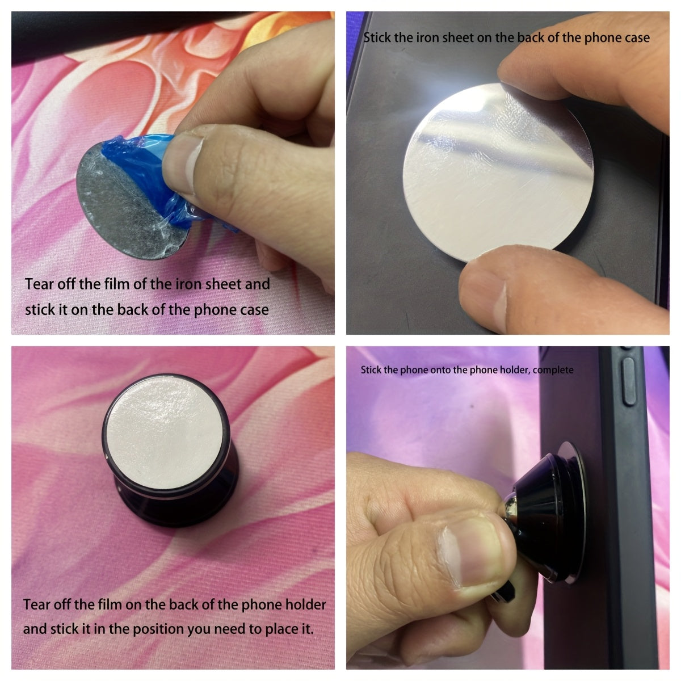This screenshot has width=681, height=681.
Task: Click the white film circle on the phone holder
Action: (x=165, y=436)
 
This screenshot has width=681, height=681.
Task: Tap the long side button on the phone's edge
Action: (x=629, y=381)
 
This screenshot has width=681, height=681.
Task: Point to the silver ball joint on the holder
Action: (x=510, y=506)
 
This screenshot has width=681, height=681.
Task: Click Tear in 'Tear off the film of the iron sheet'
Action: (x=40, y=284)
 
